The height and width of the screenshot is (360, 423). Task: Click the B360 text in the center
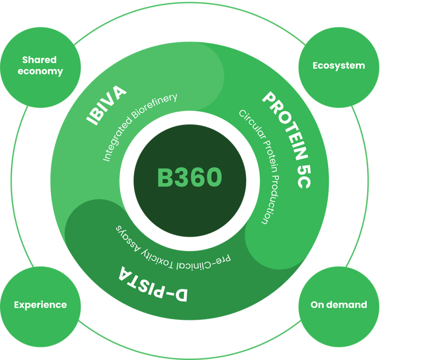coord(189,178)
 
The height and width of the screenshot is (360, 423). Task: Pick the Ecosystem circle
coord(338,66)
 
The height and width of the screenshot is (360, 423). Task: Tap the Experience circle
coord(40,304)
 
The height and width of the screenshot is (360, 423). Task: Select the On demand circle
coord(338,304)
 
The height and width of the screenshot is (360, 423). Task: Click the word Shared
coord(39,59)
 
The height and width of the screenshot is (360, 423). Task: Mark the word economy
coord(40,72)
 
